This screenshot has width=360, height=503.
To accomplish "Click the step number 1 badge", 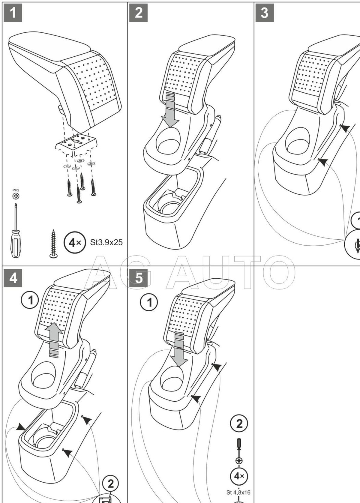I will (13, 13).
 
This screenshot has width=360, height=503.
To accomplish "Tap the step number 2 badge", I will (139, 13).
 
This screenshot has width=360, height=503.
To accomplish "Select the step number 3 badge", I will (264, 13).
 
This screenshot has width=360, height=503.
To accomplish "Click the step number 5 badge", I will (139, 278).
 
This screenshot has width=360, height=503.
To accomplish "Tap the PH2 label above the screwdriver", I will (16, 190).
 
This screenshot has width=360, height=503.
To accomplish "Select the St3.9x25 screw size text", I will (106, 242).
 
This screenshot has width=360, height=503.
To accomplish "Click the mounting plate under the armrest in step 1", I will (76, 143).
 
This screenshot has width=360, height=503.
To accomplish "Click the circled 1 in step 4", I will (30, 300).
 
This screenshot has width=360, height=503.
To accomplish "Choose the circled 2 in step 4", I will (111, 484).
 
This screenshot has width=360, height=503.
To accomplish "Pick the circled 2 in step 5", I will (239, 424).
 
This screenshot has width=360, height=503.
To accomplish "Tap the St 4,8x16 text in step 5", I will (238, 492).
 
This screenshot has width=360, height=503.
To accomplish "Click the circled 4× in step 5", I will (239, 476).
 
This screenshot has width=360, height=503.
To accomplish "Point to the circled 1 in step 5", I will (149, 303).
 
